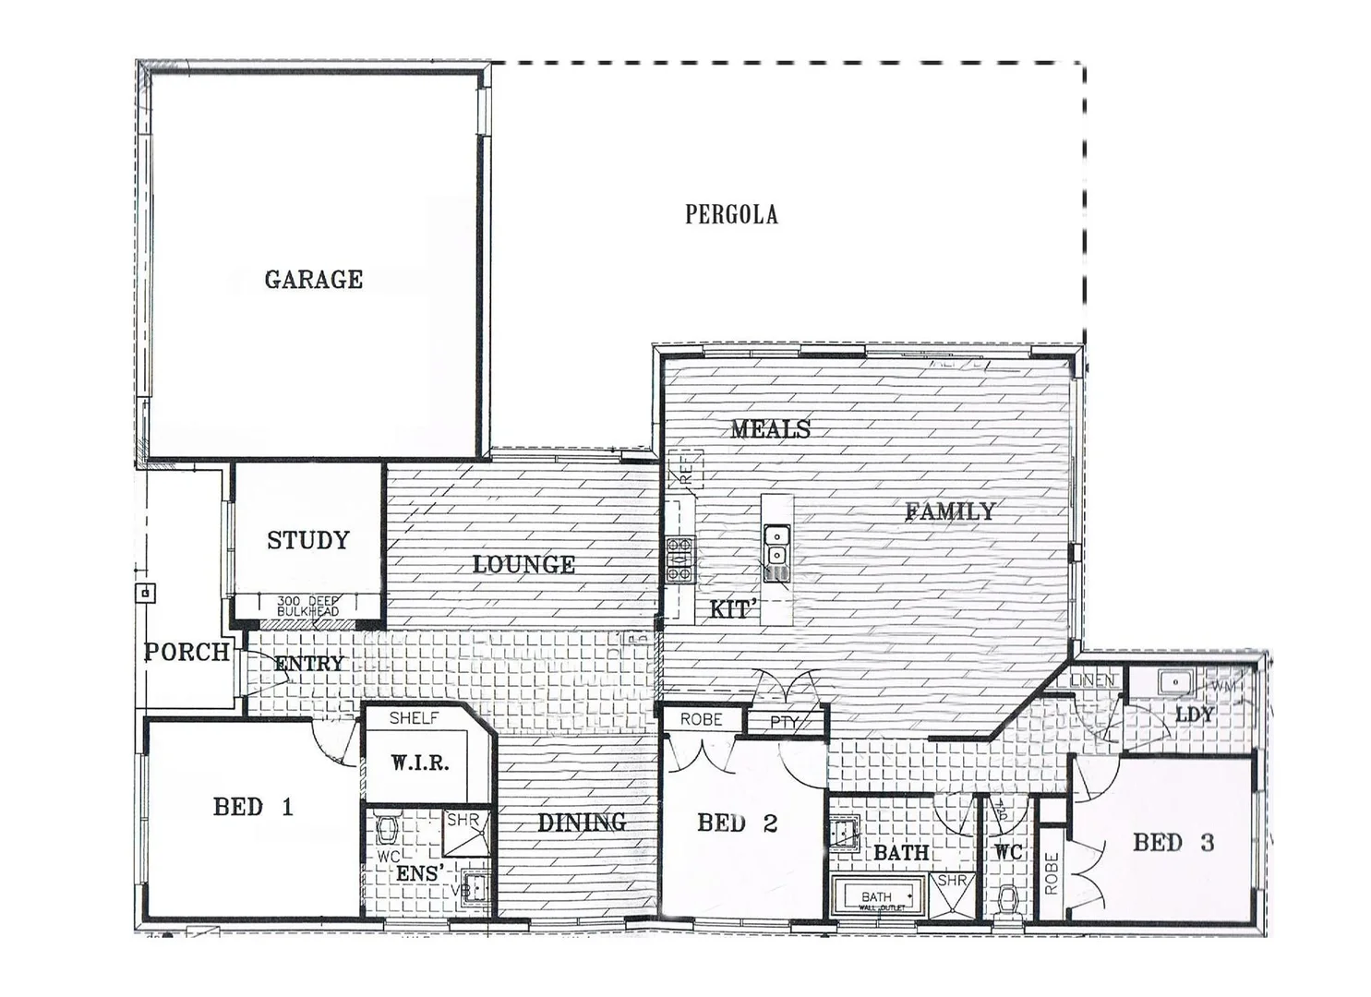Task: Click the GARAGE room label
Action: pos(313,279)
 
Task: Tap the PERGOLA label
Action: pos(730,214)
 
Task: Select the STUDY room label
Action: pos(308,540)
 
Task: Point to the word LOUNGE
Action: pos(523,564)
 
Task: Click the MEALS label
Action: pos(770,428)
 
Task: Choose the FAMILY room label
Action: pos(950,511)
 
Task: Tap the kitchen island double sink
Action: pos(776,545)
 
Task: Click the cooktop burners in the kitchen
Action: pos(680,559)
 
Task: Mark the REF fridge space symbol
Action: pos(687,469)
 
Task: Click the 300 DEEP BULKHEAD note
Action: pos(307,607)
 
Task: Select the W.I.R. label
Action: pos(419,763)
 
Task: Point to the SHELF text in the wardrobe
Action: pos(414,717)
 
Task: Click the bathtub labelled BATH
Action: pos(876,896)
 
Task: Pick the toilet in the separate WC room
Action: pos(1008,898)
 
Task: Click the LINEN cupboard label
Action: pos(1093,680)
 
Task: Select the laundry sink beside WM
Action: pos(1173,683)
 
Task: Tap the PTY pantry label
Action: pos(784,722)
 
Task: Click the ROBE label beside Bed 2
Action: pos(701,719)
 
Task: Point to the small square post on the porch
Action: pos(146,593)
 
